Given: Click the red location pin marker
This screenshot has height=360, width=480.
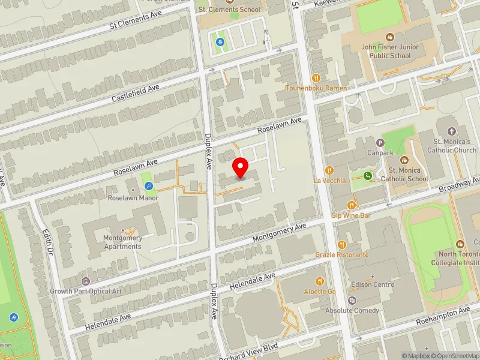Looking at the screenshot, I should [x=241, y=167].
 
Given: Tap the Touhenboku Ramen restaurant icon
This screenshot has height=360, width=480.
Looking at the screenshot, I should [x=316, y=77].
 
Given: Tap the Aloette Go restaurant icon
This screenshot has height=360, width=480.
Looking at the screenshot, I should [x=320, y=281].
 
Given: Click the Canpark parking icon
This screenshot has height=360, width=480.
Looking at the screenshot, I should [x=380, y=143].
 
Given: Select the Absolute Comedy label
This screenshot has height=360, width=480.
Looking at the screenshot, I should [x=352, y=310].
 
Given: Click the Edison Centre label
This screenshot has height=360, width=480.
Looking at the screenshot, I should [x=373, y=284].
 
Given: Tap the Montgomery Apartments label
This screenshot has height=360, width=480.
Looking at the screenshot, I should [x=123, y=242].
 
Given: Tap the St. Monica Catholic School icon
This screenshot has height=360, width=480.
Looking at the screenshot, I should [x=404, y=160].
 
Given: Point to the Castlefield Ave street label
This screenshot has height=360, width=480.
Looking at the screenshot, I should [x=135, y=92].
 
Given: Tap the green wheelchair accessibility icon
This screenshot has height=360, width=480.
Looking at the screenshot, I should [x=367, y=176].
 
